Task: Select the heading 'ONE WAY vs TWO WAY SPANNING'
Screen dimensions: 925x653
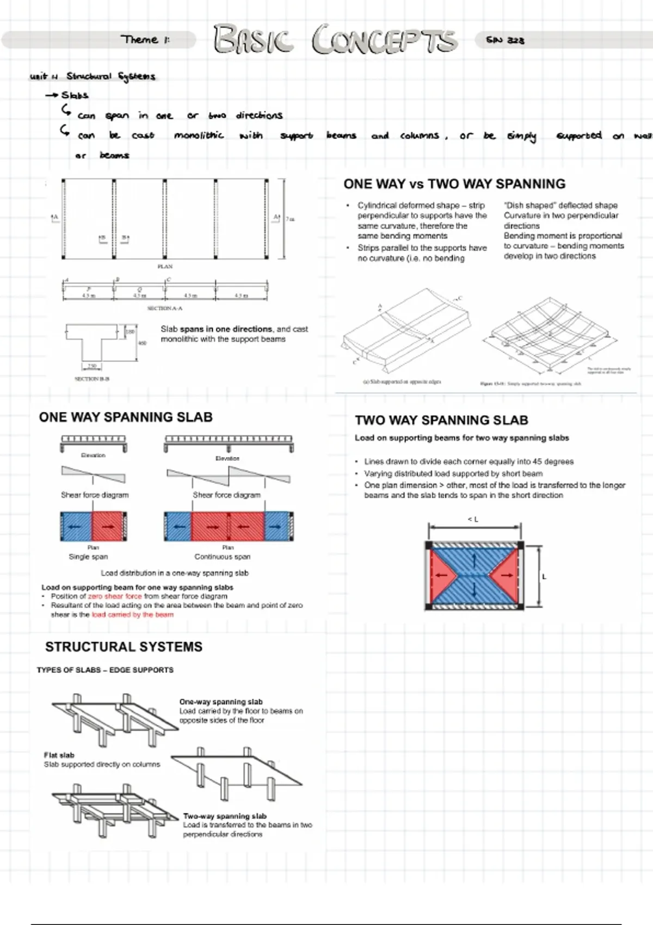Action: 454,184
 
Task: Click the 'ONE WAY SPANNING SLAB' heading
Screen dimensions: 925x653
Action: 126,417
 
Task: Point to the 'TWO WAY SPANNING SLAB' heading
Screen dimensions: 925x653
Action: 441,420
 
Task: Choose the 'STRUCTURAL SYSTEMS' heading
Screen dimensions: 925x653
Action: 124,647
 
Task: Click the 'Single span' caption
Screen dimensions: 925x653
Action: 88,557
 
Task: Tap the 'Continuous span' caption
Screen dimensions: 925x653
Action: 223,557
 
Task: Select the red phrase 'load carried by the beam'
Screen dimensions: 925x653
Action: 133,615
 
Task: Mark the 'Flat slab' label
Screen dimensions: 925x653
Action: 59,755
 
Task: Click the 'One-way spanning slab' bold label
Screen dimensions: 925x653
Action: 221,702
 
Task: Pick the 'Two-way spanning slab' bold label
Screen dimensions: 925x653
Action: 225,816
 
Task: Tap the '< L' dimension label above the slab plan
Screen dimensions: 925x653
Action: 473,520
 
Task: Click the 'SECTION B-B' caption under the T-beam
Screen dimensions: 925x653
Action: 92,379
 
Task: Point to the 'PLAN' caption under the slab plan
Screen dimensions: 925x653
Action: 165,267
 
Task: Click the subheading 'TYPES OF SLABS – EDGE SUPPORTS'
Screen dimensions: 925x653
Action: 105,670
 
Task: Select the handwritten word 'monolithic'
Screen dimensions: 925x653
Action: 199,135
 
